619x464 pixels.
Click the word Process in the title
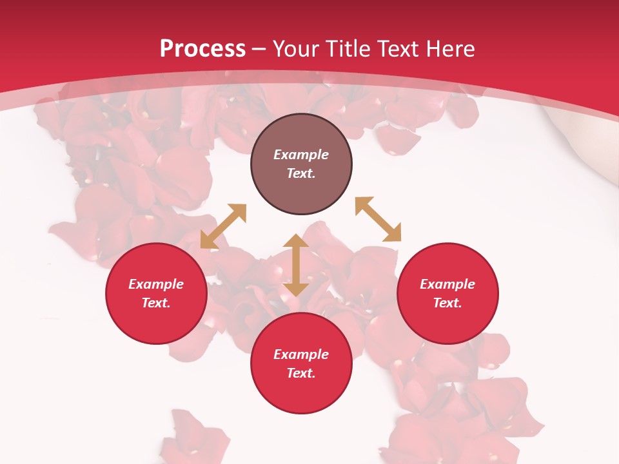pyautogui.click(x=202, y=49)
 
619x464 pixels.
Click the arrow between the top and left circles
pyautogui.click(x=223, y=226)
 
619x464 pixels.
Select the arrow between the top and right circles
pyautogui.click(x=378, y=220)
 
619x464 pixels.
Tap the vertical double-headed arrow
pyautogui.click(x=296, y=266)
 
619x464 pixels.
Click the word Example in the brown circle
pyautogui.click(x=301, y=155)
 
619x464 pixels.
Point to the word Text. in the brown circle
pyautogui.click(x=301, y=173)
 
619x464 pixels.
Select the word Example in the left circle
pyautogui.click(x=156, y=284)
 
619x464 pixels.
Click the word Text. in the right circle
pyautogui.click(x=447, y=303)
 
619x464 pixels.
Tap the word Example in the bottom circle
pyautogui.click(x=301, y=354)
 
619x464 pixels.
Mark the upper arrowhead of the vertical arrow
pyautogui.click(x=296, y=241)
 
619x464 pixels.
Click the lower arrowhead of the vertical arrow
pyautogui.click(x=296, y=289)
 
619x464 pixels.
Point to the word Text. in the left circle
pyautogui.click(x=156, y=303)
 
